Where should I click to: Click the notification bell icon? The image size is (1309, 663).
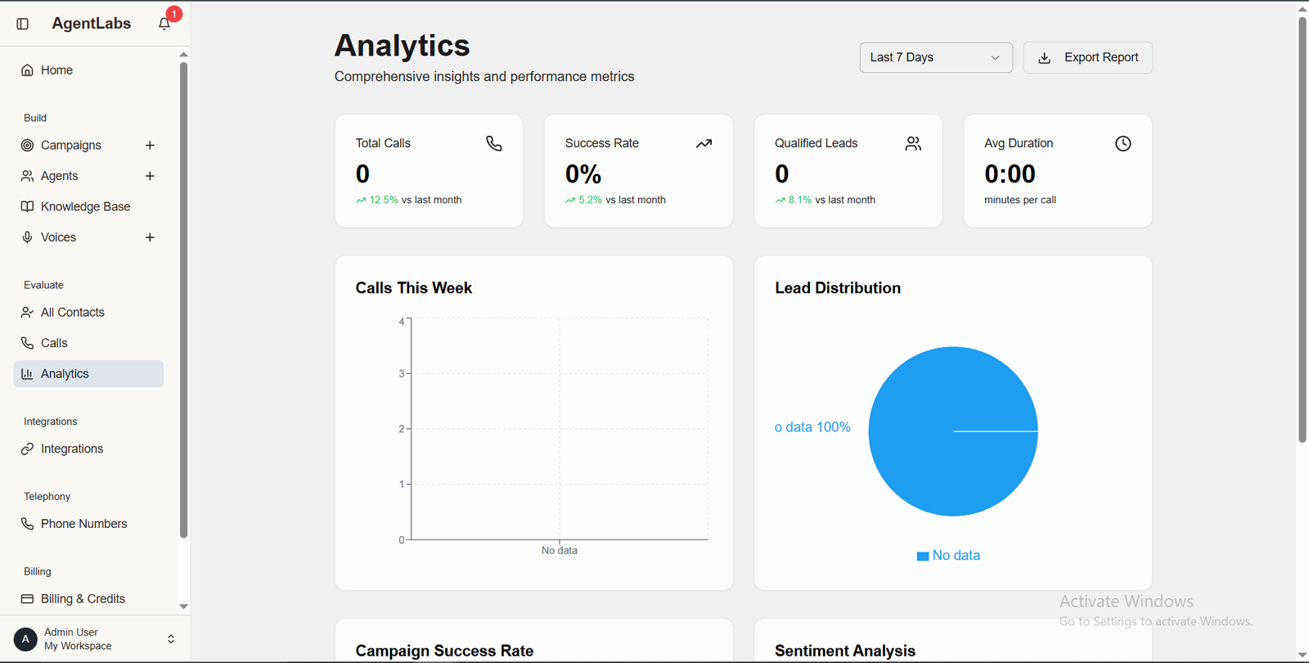click(164, 24)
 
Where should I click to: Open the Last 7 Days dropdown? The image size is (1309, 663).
click(935, 57)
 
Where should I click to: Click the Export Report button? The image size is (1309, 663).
click(1087, 57)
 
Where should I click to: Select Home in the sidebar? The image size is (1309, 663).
click(56, 70)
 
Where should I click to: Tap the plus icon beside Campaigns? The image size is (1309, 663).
click(150, 145)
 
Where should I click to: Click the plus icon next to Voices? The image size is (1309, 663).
click(150, 237)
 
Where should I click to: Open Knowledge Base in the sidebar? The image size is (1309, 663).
click(85, 206)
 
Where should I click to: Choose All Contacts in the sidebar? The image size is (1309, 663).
click(72, 312)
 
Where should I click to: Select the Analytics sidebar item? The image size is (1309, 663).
click(65, 374)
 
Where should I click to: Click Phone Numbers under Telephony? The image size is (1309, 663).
click(83, 524)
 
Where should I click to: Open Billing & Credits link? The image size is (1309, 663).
click(83, 599)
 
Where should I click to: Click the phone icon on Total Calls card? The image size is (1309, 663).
click(494, 144)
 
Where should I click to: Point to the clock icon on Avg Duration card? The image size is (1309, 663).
click(1122, 144)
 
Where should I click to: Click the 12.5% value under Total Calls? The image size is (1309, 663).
click(384, 200)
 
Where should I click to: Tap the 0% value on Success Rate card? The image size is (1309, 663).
click(583, 174)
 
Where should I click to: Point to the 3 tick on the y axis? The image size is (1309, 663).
click(402, 373)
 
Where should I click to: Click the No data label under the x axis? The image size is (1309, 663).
click(560, 551)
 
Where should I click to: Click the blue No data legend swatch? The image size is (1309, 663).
click(923, 556)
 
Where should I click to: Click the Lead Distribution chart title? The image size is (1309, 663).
click(838, 288)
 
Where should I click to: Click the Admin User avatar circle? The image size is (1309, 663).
click(25, 639)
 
